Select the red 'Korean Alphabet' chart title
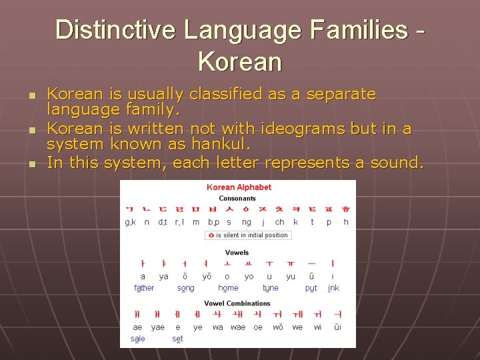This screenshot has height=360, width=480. click(x=239, y=187)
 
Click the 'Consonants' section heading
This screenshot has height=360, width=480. click(x=237, y=198)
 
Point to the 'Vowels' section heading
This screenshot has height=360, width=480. click(x=237, y=253)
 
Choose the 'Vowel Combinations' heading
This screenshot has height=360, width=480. click(x=237, y=303)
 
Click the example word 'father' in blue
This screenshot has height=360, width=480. click(x=144, y=288)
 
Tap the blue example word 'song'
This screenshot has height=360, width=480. click(x=186, y=288)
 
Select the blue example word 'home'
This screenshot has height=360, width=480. click(x=228, y=288)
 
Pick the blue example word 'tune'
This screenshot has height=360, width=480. click(x=271, y=288)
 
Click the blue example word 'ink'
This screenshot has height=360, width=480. click(x=333, y=288)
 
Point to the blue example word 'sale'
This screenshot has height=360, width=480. click(x=138, y=339)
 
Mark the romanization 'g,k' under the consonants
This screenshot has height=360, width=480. click(x=131, y=222)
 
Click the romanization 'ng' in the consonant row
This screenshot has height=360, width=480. click(x=247, y=222)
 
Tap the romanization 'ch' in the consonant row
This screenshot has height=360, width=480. click(x=279, y=222)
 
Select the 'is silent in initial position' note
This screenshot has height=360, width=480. click(x=247, y=235)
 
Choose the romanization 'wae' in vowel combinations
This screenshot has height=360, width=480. click(x=238, y=327)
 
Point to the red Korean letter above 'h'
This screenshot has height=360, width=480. click(x=345, y=209)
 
